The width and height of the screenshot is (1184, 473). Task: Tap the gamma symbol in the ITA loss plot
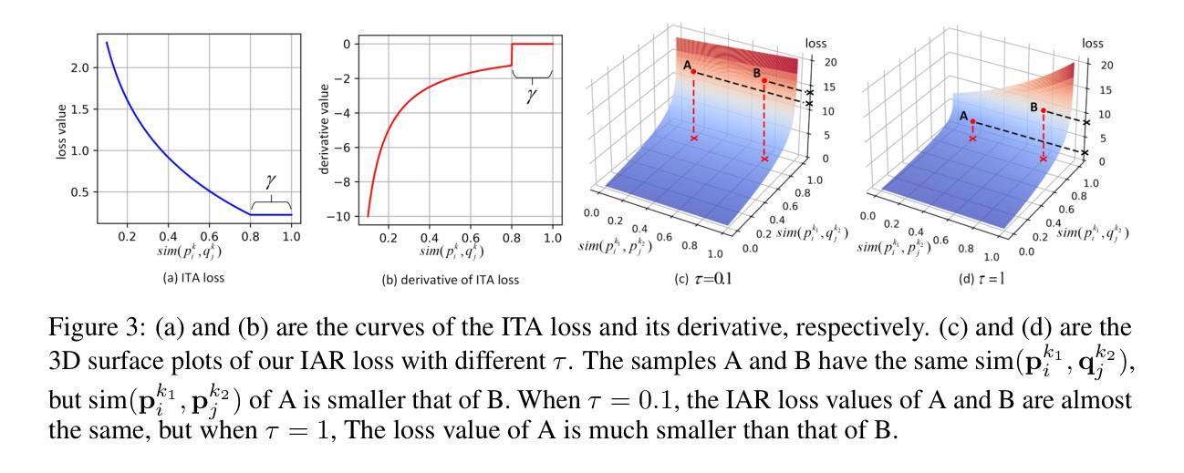click(269, 185)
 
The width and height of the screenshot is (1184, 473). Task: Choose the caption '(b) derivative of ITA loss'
click(450, 280)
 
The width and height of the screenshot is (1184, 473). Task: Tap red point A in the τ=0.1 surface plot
click(693, 71)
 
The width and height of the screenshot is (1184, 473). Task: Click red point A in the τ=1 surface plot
click(972, 121)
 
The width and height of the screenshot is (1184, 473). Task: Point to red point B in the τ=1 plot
click(1044, 110)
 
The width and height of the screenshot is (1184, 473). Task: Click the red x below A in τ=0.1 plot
click(694, 139)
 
